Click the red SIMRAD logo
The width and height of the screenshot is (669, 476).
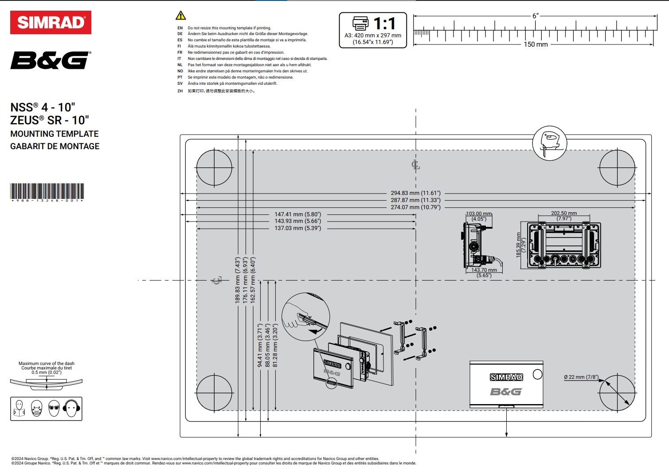(x=51, y=23)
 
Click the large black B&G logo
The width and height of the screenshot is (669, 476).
(x=51, y=60)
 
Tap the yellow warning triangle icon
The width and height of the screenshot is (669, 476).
(x=180, y=16)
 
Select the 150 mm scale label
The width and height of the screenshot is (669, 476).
(x=536, y=44)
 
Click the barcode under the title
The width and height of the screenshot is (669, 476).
(x=47, y=191)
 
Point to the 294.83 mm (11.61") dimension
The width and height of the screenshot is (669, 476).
(x=415, y=193)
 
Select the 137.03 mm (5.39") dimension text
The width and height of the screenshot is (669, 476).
(x=297, y=228)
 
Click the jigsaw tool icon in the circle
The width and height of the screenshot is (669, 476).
(x=549, y=143)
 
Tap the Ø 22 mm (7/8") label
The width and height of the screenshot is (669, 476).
(x=581, y=377)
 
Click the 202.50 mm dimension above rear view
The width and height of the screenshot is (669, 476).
(x=563, y=213)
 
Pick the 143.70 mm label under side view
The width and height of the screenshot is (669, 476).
(x=484, y=270)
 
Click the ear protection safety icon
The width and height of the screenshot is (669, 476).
(x=71, y=408)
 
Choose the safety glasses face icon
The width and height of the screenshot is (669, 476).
(x=54, y=408)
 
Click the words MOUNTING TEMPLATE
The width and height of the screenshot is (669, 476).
(x=55, y=134)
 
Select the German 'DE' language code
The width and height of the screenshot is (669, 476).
(x=180, y=34)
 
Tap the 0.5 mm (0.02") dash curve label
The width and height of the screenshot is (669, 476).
(x=47, y=373)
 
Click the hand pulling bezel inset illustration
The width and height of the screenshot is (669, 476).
(x=305, y=317)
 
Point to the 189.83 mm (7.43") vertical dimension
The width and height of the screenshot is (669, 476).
(x=238, y=280)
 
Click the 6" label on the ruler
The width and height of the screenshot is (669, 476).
(x=536, y=16)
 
